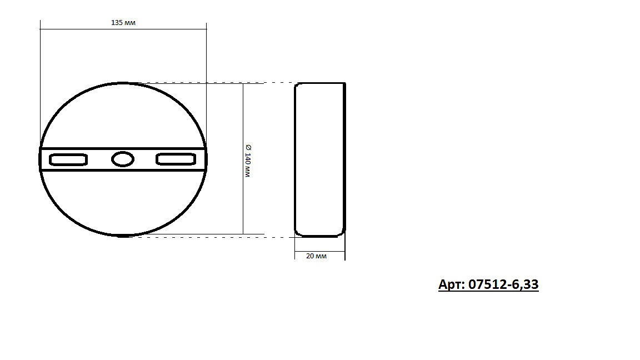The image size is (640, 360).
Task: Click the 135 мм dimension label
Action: [123, 23]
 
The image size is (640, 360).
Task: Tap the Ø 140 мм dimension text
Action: [248, 161]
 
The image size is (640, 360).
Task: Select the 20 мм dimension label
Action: [316, 256]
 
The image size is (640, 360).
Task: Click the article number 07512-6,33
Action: [503, 284]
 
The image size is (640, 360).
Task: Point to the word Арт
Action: [451, 284]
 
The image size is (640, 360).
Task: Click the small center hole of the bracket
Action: [123, 159]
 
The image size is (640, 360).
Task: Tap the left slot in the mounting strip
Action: [68, 159]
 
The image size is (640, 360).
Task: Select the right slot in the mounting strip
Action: [176, 159]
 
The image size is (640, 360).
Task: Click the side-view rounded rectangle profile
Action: [294, 159]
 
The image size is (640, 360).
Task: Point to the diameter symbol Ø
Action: [248, 147]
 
